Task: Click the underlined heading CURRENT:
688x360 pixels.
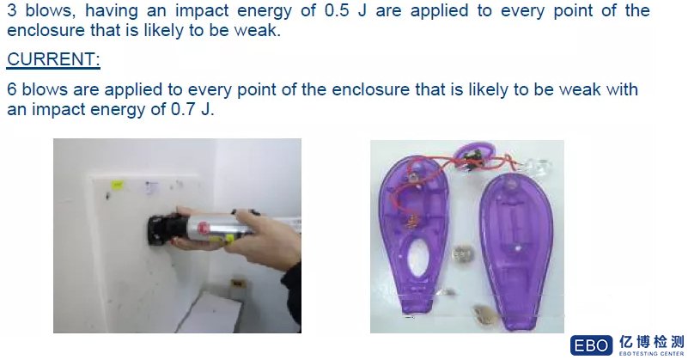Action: click(53, 59)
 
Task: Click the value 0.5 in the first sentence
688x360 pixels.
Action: click(337, 10)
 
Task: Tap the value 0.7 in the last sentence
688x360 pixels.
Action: click(183, 109)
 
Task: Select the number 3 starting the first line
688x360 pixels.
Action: click(12, 10)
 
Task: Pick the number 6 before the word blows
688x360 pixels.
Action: click(12, 89)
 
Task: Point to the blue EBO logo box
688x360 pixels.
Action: click(591, 345)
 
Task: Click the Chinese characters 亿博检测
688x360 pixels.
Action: click(652, 342)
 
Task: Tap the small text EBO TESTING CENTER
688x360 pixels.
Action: click(652, 353)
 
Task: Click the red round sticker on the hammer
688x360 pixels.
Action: click(203, 228)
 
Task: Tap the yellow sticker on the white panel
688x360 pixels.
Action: click(117, 185)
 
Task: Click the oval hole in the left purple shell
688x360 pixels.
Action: click(418, 257)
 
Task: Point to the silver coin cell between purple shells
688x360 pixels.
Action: click(461, 253)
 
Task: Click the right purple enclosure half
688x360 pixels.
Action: click(516, 250)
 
